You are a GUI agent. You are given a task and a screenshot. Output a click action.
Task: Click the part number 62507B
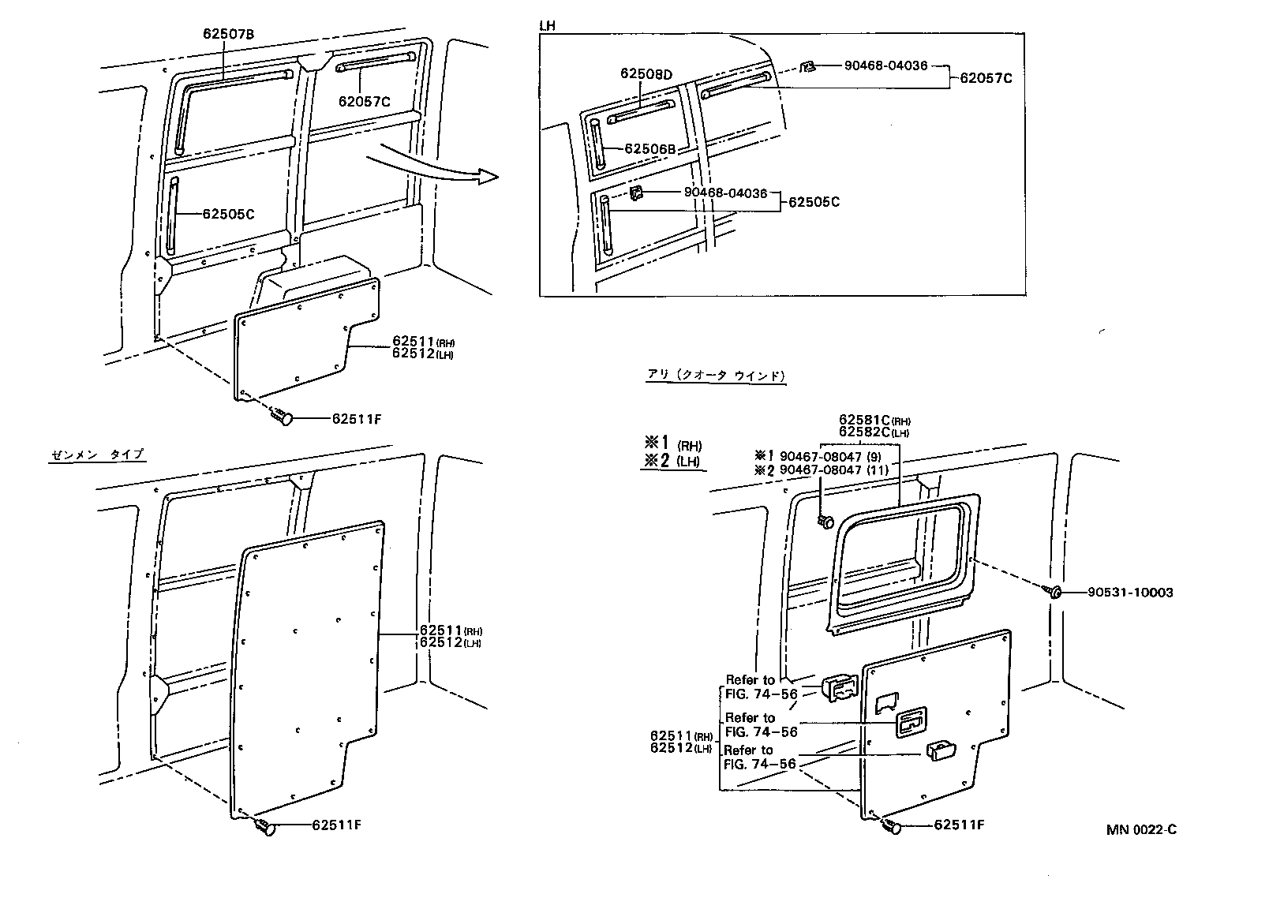(x=228, y=34)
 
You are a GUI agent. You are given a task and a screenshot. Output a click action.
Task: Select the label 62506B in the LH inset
(x=650, y=149)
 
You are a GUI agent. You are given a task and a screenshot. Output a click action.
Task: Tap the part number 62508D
(x=646, y=74)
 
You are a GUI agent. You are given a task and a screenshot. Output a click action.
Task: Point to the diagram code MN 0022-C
(x=1141, y=829)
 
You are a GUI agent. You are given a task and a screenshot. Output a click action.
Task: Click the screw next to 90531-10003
(x=1054, y=591)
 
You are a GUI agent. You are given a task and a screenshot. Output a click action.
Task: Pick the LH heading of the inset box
(x=547, y=26)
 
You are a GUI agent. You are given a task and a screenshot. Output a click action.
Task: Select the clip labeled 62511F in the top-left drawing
(x=283, y=416)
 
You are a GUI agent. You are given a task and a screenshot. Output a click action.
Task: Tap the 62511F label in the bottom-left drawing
(x=336, y=825)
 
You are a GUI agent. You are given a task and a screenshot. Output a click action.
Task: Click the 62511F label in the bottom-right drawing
(x=959, y=825)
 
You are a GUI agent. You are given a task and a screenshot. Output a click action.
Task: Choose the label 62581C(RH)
(x=868, y=420)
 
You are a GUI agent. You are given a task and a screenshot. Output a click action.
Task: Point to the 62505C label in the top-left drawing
(x=228, y=214)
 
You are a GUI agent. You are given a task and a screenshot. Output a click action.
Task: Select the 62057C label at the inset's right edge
(x=986, y=78)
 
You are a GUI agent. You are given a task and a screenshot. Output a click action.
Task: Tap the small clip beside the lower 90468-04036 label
(x=636, y=194)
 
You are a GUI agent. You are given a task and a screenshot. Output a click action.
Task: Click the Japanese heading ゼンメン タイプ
(x=97, y=454)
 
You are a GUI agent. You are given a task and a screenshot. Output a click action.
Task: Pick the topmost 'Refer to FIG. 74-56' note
(x=761, y=686)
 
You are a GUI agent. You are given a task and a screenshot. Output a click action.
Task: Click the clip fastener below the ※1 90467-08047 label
(x=825, y=520)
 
